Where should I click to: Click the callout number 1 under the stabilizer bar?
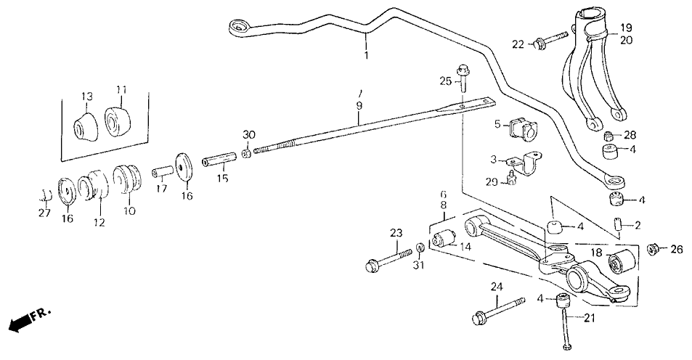(x=366, y=55)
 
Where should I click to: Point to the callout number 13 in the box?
(x=87, y=96)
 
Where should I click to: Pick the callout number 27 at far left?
(x=44, y=213)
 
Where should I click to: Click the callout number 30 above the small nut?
(x=249, y=135)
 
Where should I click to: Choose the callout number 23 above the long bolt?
(x=395, y=234)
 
